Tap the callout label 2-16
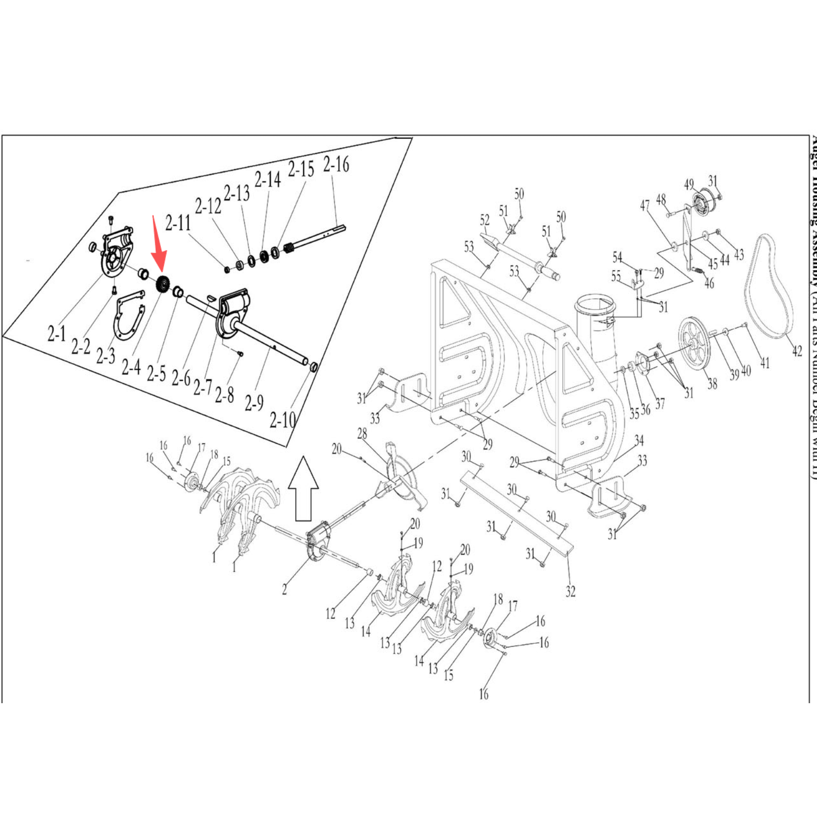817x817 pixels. click(x=336, y=165)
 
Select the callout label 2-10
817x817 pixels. click(x=283, y=420)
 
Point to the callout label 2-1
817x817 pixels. click(x=57, y=334)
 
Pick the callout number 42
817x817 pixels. click(x=797, y=351)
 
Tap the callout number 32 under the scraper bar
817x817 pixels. click(x=570, y=591)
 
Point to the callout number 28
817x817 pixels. click(x=362, y=434)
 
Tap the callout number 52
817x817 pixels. click(x=485, y=220)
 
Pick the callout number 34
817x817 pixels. click(x=639, y=440)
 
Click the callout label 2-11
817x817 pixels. click(x=178, y=223)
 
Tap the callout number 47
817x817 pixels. click(x=645, y=205)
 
